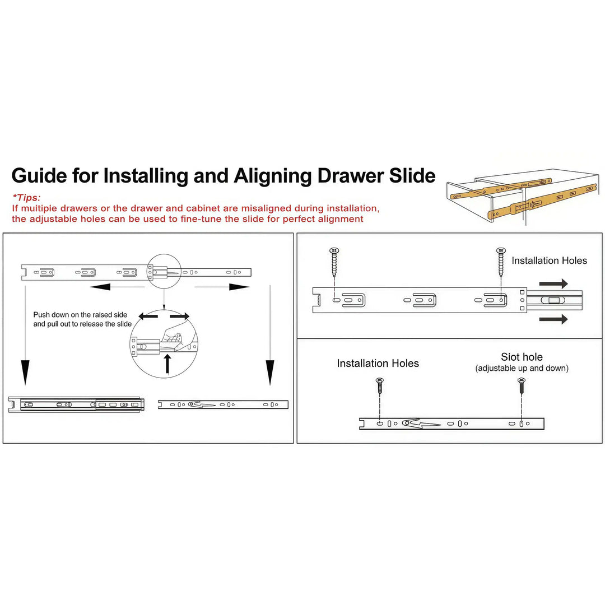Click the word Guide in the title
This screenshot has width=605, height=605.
pos(39,176)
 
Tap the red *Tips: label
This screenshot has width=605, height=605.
pos(27,198)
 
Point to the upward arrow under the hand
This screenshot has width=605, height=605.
pos(167,364)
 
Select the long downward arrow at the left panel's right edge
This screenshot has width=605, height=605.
pos(269,335)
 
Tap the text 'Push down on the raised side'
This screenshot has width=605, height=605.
pos(80,315)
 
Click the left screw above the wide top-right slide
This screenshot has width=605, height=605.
pos(334,262)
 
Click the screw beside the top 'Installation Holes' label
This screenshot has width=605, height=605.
pos(501,262)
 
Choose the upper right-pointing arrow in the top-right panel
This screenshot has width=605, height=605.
pos(553,283)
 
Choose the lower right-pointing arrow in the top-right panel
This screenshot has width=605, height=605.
pos(553,319)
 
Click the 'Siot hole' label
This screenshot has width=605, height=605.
pos(522,357)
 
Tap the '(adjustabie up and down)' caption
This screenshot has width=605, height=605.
pos(522,368)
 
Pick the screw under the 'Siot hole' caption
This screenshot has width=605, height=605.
pos(522,386)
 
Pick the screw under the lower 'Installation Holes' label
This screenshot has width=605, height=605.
pos(380,386)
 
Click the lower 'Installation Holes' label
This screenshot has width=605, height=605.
pos(378,364)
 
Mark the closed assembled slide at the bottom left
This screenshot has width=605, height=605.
pos(76,404)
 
